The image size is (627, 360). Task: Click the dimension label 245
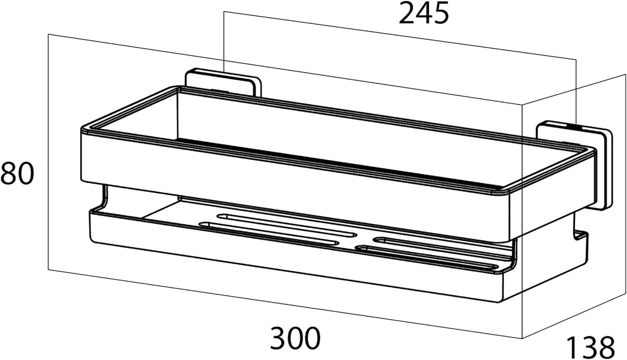423,13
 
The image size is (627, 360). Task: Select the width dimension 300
295,338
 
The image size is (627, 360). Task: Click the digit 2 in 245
407,13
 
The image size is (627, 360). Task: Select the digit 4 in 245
424,13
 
